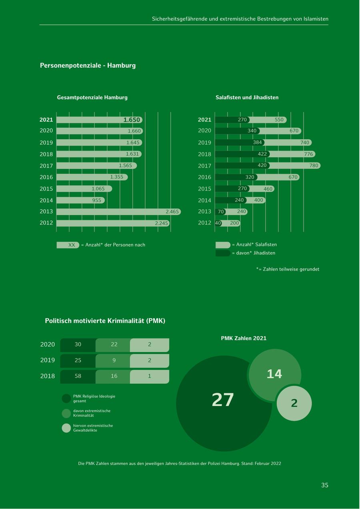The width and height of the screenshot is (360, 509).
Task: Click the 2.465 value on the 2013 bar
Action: [x=172, y=212]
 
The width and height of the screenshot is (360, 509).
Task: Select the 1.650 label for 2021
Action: [x=132, y=120]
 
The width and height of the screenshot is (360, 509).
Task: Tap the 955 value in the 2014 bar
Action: [x=97, y=200]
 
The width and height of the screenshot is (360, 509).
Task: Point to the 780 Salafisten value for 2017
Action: [x=314, y=166]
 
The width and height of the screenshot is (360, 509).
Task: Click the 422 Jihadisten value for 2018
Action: [x=262, y=154]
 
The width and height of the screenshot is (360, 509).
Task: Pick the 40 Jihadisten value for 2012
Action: [x=218, y=223]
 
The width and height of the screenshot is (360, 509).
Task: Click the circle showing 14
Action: [x=274, y=374]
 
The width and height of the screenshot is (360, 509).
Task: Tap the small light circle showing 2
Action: [x=294, y=403]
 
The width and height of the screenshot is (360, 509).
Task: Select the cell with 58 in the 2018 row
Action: [x=78, y=376]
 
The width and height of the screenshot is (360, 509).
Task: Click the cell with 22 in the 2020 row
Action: [x=114, y=345]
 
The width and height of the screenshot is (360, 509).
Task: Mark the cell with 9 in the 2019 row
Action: [x=114, y=361]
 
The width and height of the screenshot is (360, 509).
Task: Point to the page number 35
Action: [x=324, y=485]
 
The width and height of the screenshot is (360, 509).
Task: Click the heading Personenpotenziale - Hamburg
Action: [x=88, y=65]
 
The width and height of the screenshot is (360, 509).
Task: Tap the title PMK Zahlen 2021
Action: [x=244, y=338]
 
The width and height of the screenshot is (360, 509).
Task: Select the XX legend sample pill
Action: [x=68, y=245]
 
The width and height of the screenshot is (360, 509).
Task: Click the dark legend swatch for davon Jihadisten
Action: [x=223, y=253]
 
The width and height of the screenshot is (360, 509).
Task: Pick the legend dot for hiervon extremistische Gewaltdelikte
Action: [x=66, y=428]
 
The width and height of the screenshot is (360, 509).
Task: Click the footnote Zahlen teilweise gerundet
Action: [x=288, y=269]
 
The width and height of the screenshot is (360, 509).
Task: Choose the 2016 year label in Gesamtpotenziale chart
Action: [x=46, y=177]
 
